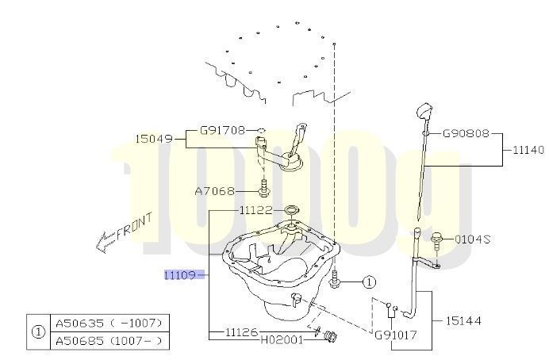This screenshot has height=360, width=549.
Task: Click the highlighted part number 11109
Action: click(180, 275)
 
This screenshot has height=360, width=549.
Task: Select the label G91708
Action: click(223, 131)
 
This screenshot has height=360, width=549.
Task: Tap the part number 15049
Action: click(154, 139)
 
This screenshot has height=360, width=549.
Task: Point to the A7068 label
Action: click(215, 191)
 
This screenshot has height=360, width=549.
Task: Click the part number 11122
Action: click(256, 210)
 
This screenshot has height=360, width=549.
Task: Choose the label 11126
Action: click(241, 331)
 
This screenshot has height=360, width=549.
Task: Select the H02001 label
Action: click(282, 339)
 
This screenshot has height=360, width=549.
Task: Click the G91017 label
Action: click(396, 335)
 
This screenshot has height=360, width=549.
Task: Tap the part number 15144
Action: click(463, 320)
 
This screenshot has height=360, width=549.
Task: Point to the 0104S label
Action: click(472, 239)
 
